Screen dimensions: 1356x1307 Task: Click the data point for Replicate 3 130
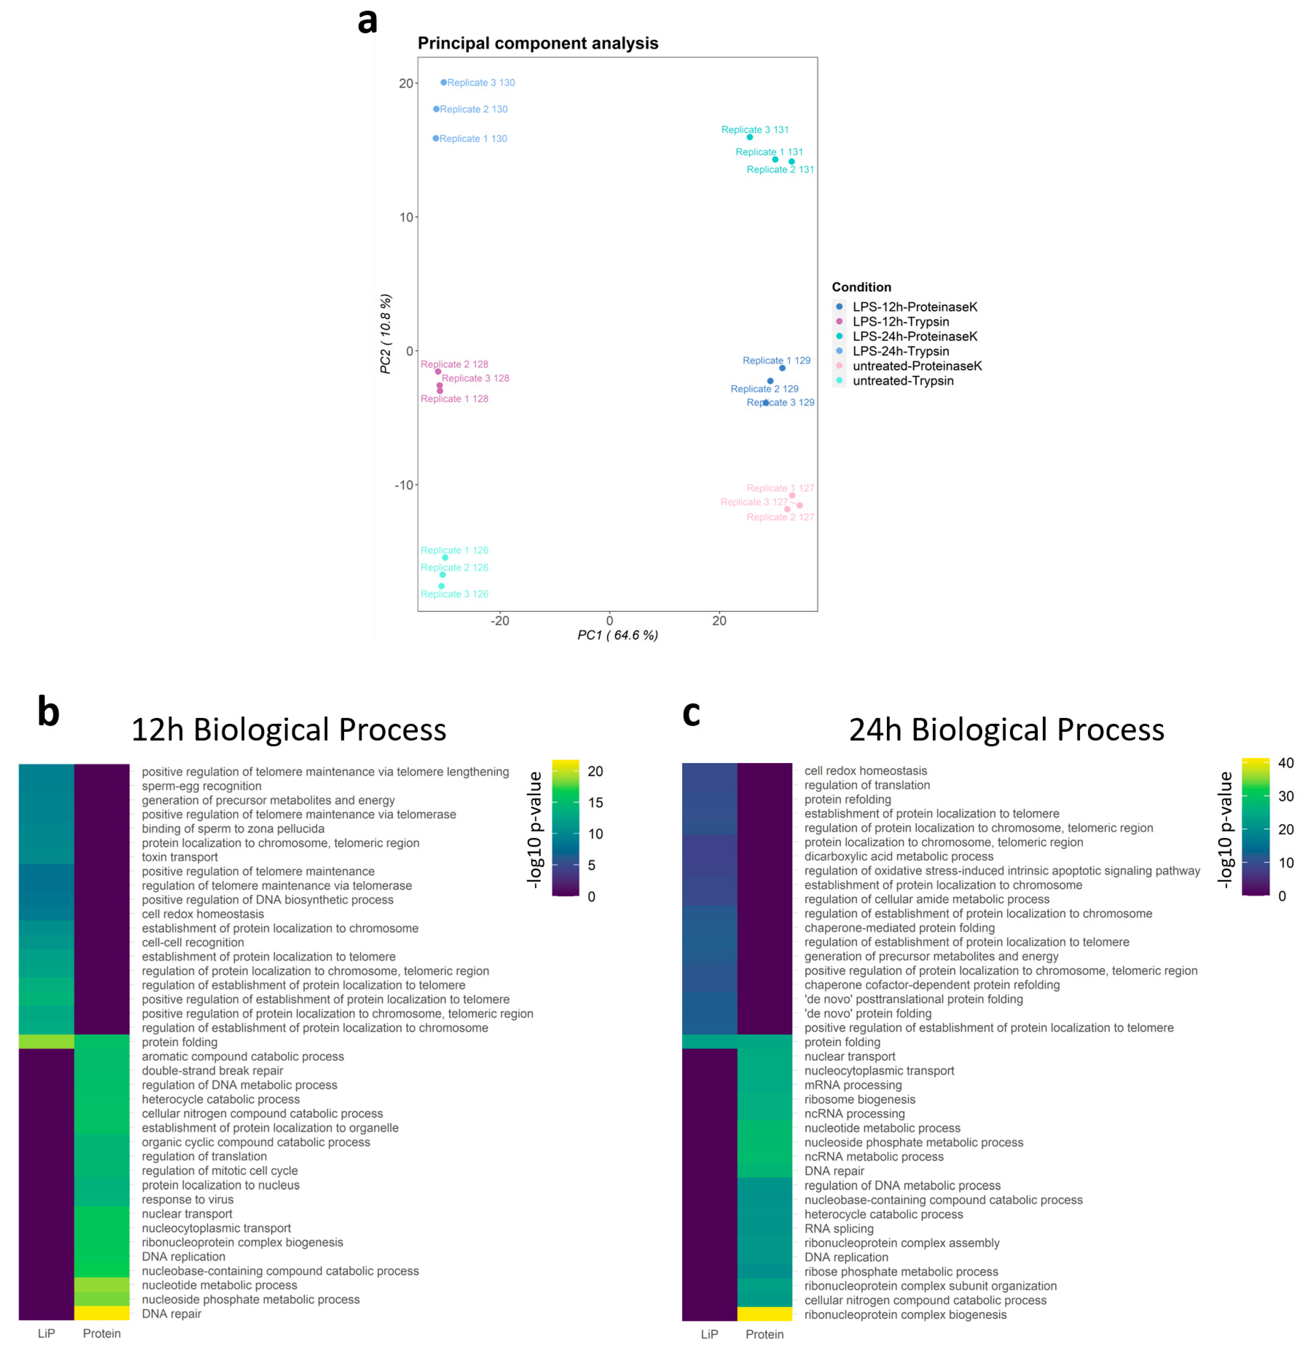click(444, 82)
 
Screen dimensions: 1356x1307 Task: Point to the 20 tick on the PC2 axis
click(406, 83)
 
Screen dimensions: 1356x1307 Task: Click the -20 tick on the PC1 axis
click(500, 621)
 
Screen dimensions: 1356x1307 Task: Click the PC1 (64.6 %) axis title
click(617, 635)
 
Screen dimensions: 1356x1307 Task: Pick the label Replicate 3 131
click(754, 129)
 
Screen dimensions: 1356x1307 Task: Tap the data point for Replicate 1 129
click(782, 368)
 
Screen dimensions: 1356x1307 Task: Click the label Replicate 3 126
click(454, 594)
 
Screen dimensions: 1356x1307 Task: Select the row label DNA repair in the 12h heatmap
click(172, 1314)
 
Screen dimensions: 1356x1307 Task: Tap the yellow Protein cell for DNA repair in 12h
click(102, 1313)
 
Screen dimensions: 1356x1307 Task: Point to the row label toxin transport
click(180, 857)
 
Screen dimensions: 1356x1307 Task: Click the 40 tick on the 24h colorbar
click(1286, 763)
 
